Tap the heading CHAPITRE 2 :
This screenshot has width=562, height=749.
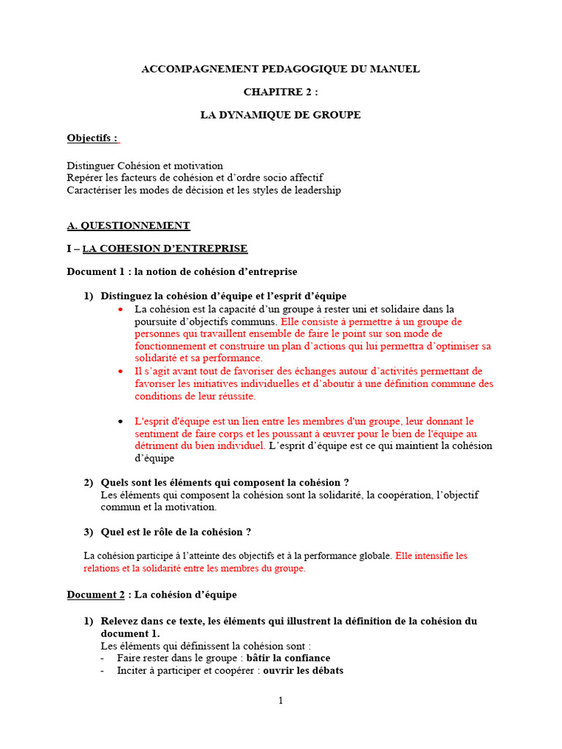[x=281, y=92]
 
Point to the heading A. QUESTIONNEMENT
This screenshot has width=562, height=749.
[x=128, y=225]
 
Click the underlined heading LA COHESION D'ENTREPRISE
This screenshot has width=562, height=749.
[x=165, y=249]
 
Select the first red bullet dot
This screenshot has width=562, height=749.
[x=121, y=309]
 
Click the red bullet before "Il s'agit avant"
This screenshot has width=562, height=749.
[x=121, y=372]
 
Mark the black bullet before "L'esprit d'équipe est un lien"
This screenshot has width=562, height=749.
[x=121, y=421]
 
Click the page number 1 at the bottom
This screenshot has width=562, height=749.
[x=280, y=700]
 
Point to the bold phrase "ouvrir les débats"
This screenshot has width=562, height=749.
[x=303, y=671]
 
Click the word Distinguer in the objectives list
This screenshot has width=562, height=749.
[x=91, y=166]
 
